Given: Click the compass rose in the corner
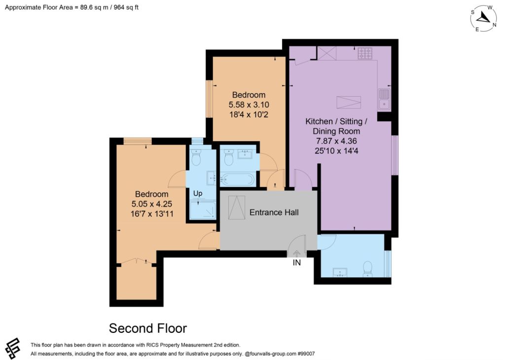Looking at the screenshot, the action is click(483, 18).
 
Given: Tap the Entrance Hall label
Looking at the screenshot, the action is click(274, 213).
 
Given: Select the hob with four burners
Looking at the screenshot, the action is click(365, 53).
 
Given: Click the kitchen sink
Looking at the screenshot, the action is click(384, 99).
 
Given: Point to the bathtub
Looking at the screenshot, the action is click(238, 180).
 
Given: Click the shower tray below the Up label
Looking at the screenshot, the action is click(203, 210).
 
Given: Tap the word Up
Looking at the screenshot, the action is click(198, 193).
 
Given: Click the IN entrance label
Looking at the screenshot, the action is click(296, 263).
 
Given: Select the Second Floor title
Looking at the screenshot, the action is click(148, 328).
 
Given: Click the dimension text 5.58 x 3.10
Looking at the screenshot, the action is click(249, 105).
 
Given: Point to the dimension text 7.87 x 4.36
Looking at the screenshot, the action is click(336, 141).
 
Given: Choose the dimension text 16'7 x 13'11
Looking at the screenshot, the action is click(152, 214).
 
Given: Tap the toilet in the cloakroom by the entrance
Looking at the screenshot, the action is click(367, 269).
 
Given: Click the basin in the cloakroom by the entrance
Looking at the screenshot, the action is click(339, 272).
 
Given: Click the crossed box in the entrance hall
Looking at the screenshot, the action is click(236, 208).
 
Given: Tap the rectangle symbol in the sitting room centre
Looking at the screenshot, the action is click(349, 103).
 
